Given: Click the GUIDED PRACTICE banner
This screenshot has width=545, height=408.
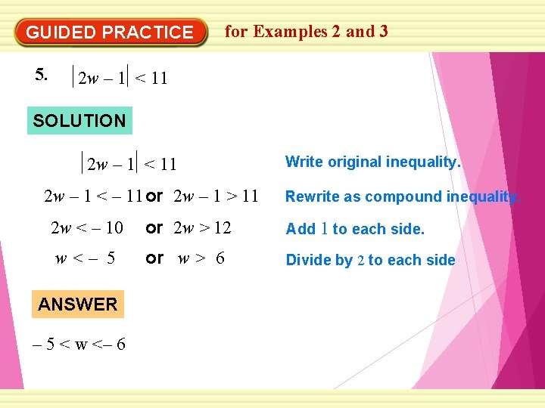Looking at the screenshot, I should [111, 32].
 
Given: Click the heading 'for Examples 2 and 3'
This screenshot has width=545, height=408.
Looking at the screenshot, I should [307, 31].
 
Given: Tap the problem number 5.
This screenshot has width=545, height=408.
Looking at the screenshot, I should [42, 74].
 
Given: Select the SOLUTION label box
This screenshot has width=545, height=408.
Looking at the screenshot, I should [79, 120].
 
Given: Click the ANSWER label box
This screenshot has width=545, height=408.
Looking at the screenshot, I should [77, 304].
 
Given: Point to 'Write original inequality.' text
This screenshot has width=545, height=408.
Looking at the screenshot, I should [372, 162].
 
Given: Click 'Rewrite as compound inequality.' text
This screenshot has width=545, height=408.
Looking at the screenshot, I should [402, 196].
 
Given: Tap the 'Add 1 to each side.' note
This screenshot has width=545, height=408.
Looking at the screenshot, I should [354, 229].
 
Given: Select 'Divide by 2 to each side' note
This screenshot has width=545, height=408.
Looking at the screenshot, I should [370, 261].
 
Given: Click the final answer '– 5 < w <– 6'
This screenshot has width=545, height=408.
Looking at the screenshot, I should [80, 345].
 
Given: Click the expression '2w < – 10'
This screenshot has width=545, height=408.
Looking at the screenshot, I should [86, 228].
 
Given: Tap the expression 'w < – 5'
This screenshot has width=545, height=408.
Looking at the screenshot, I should [85, 259].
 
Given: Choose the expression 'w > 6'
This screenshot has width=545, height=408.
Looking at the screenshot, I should [201, 259].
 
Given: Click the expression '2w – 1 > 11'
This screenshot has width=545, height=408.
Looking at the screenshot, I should [216, 197].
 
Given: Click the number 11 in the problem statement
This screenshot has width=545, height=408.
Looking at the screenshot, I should [159, 78].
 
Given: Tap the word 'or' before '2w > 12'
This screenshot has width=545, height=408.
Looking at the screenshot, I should [154, 227].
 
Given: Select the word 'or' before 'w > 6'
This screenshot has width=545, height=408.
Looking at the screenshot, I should [154, 258].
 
